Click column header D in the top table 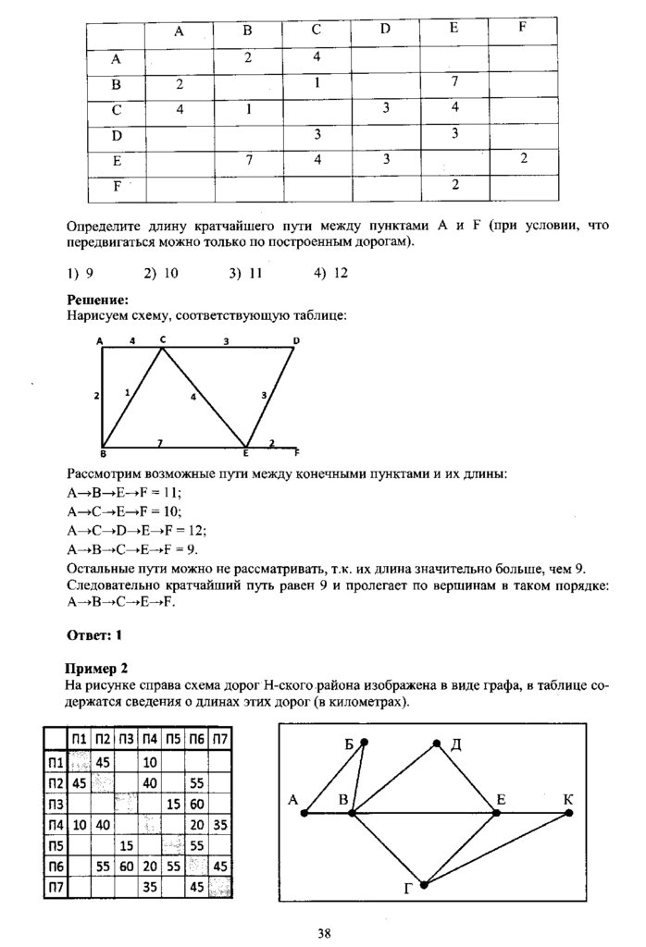click(385, 29)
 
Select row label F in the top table click(117, 186)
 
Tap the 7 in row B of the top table click(454, 82)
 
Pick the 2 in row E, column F click(524, 158)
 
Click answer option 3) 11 click(245, 273)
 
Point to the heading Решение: click(97, 300)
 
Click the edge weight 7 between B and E click(160, 443)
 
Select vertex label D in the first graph click(296, 340)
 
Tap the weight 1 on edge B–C click(127, 392)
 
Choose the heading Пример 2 click(96, 668)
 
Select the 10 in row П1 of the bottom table click(148, 762)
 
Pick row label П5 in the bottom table click(56, 844)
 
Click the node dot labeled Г click(424, 885)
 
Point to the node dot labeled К click(568, 813)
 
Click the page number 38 click(324, 931)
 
